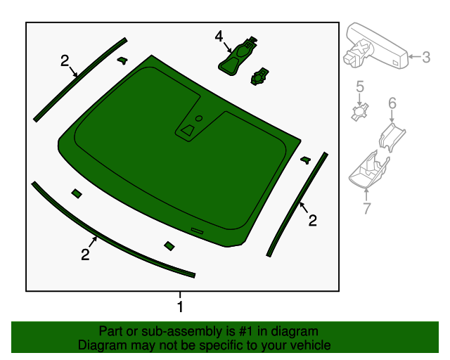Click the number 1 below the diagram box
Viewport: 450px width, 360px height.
click(180, 307)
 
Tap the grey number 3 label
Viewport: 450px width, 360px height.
click(426, 57)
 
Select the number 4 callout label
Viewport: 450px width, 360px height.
click(219, 37)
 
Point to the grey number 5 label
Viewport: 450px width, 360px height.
click(360, 86)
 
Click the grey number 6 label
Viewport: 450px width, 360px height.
click(392, 103)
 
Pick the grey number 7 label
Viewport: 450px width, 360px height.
click(367, 208)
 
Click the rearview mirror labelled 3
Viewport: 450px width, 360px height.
click(375, 46)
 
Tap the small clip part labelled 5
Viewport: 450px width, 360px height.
click(360, 112)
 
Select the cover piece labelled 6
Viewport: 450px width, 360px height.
click(392, 137)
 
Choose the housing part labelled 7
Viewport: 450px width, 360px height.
click(368, 170)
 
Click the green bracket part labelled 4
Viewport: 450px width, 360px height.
click(238, 56)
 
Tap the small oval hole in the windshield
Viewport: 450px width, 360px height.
click(199, 118)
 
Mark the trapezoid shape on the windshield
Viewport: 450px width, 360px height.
click(188, 130)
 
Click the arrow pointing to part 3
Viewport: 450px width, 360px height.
click(415, 56)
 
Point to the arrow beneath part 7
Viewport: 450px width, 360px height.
click(366, 195)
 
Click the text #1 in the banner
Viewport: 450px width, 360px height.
click(245, 331)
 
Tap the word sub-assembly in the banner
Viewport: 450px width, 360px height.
click(183, 332)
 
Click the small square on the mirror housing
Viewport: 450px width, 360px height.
click(395, 63)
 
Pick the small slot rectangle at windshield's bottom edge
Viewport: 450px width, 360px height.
click(197, 231)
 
